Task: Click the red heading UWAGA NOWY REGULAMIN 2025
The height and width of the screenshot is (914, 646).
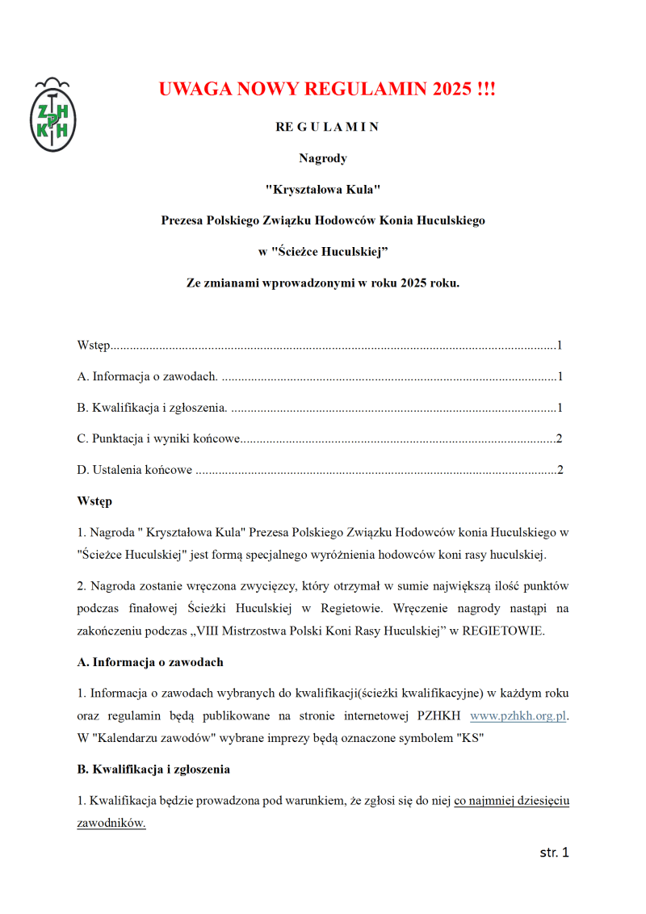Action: tap(326, 89)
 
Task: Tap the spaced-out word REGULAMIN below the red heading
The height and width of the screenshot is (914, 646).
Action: tap(326, 127)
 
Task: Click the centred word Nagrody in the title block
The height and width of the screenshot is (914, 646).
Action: tap(323, 158)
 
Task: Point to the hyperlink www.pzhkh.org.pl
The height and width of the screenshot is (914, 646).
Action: tap(518, 715)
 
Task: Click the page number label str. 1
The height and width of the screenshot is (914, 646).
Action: tap(554, 853)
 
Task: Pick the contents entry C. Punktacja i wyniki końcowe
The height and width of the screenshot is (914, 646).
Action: tap(159, 439)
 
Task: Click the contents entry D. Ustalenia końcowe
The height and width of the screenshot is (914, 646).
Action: tap(135, 470)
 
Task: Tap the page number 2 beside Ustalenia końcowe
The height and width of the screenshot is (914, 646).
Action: tap(559, 470)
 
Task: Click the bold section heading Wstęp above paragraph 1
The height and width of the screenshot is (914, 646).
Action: tap(94, 501)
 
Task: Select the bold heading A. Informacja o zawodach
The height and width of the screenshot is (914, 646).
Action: tap(150, 662)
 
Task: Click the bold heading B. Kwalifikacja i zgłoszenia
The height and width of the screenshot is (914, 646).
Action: tap(153, 769)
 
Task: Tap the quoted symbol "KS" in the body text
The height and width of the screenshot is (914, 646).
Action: tap(470, 738)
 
